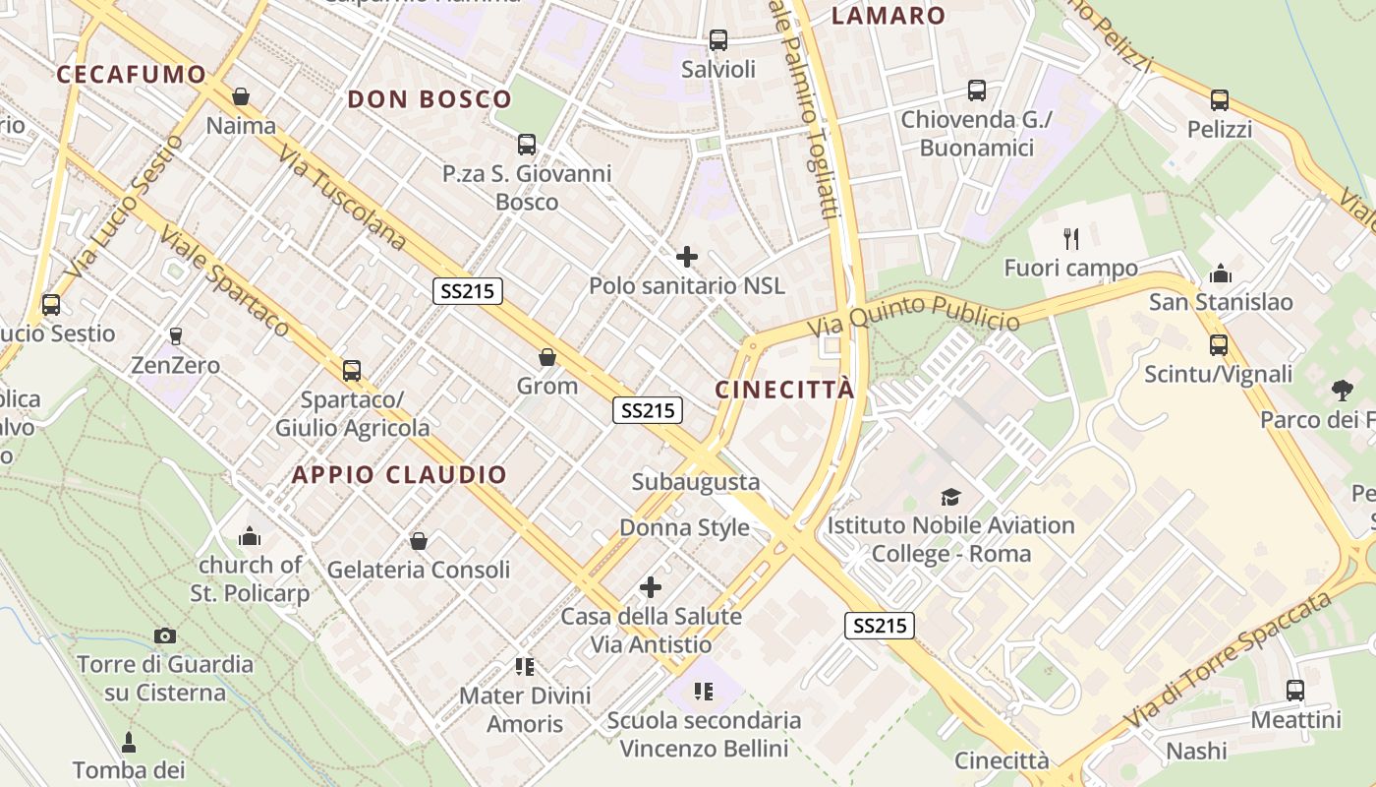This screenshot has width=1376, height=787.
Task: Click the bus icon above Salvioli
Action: point(718,40)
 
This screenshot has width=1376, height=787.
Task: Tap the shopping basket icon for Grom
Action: point(547,357)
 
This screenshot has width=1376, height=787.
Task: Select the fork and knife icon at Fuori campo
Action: point(1071,238)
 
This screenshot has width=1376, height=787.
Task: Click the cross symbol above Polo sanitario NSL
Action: point(687,258)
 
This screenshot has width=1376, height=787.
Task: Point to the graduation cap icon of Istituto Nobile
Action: point(950,497)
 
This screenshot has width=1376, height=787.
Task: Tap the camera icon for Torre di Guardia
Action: point(165,636)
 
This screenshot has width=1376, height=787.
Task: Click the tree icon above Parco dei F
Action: point(1342,391)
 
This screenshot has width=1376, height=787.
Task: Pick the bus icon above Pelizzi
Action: point(1220,100)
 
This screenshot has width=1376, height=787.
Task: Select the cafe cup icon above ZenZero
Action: point(177,336)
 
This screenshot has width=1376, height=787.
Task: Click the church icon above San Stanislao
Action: point(1221,272)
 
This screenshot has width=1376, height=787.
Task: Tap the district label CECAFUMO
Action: point(132,75)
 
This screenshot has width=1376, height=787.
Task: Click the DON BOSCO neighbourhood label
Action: point(430,99)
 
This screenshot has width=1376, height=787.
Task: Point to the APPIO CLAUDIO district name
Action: point(399,475)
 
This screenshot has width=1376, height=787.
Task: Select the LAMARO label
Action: point(889,16)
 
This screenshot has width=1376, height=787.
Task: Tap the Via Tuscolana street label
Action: point(341,199)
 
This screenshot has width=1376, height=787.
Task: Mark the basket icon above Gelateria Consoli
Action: point(419,541)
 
